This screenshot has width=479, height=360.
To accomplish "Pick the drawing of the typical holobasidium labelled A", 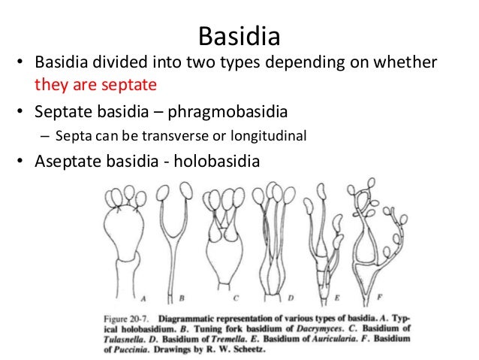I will point(122,241).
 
